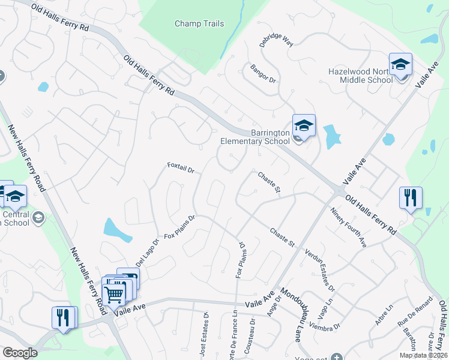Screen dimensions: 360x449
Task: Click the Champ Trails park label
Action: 199,24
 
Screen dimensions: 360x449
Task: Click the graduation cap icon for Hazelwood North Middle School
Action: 400,64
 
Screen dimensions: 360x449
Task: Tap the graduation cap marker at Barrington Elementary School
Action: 304,125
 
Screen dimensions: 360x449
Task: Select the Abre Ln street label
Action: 384,314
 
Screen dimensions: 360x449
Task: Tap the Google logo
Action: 20,353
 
